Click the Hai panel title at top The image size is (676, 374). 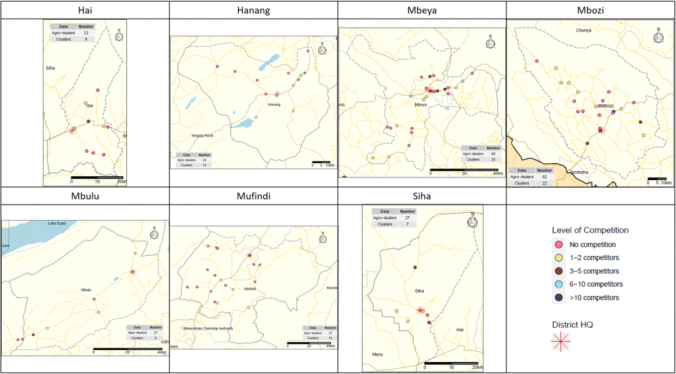click(84, 10)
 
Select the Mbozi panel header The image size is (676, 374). click(591, 10)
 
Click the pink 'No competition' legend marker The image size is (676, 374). click(559, 245)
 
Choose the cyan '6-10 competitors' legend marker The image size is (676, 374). click(559, 284)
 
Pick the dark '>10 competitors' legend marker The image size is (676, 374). click(559, 297)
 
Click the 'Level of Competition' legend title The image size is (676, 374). click(590, 230)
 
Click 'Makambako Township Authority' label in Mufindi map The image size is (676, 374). click(208, 328)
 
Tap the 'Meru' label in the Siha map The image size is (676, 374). click(377, 354)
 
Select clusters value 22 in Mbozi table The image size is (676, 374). click(544, 183)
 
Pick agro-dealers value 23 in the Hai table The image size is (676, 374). click(86, 33)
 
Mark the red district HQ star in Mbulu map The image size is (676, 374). click(132, 272)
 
